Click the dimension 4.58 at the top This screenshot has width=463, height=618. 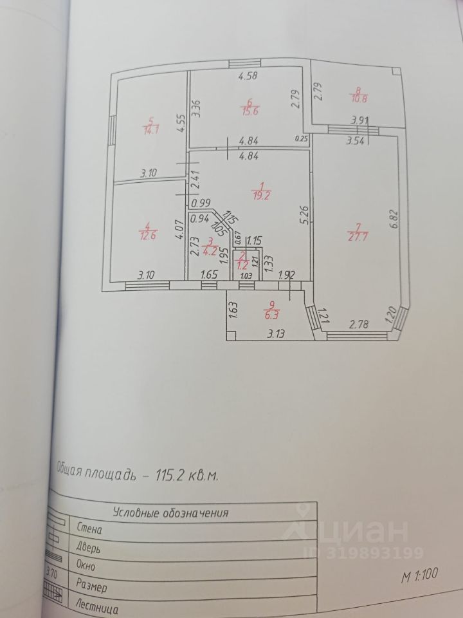click(248, 77)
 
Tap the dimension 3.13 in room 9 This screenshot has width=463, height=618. click(277, 334)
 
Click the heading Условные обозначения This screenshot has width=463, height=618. click(171, 513)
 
